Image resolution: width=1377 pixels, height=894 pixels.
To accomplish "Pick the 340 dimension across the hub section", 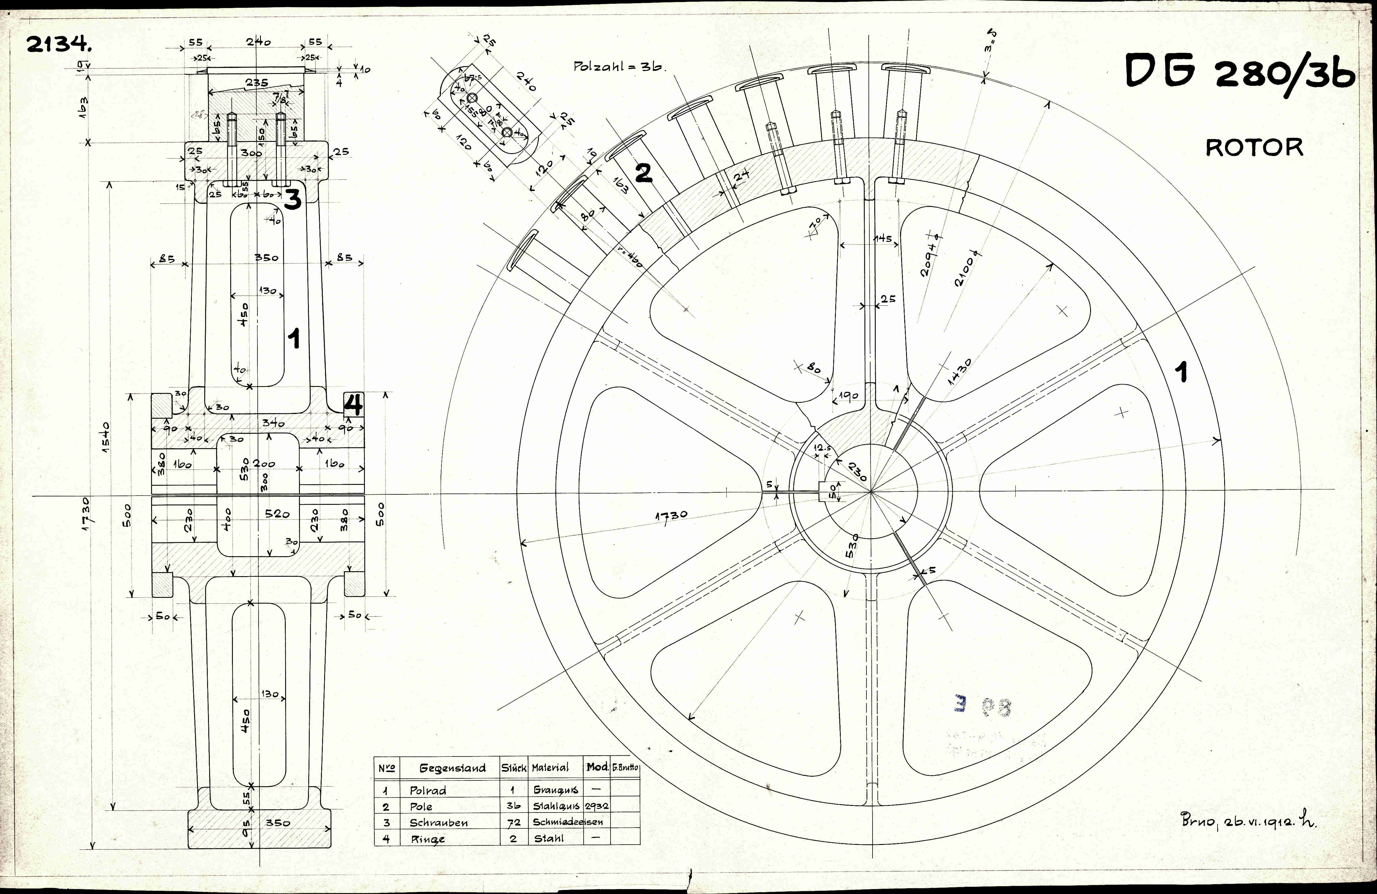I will pos(273,423).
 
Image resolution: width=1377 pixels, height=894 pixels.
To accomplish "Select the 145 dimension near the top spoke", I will pos(882,238).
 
